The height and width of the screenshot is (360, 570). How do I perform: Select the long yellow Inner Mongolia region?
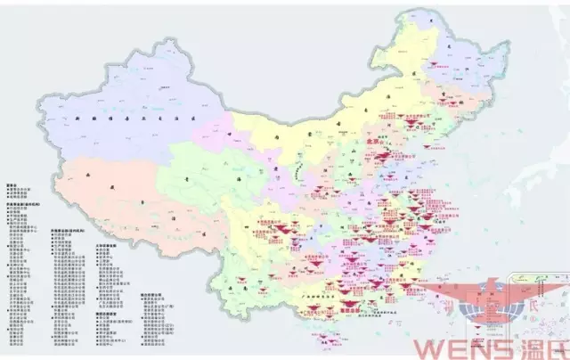pos(312,134)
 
